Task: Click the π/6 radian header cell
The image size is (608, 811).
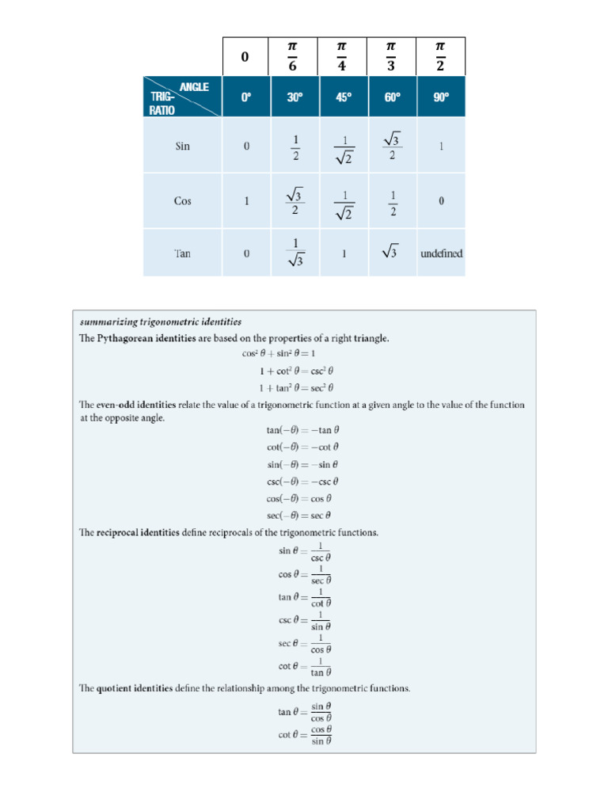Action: pos(294,56)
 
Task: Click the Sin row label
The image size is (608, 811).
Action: pos(183,146)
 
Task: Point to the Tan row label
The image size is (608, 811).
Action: pos(183,253)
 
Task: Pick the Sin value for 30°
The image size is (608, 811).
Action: pos(294,147)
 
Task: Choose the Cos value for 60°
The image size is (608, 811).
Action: pos(392,201)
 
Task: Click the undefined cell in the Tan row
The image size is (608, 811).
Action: pos(441,253)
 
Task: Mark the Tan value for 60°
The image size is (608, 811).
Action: pos(392,253)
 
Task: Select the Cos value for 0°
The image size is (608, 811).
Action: pos(246,201)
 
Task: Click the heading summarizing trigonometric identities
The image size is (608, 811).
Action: pos(161,322)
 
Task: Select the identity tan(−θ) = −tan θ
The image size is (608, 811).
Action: pos(302,430)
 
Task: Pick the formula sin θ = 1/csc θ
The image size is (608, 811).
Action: pos(304,551)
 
